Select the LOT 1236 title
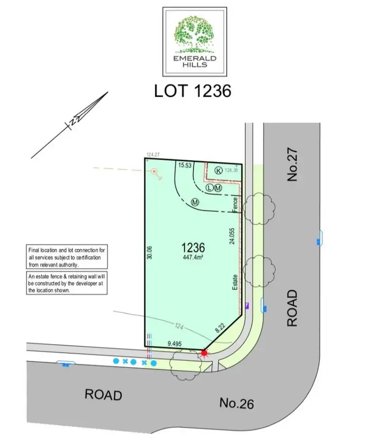(192, 90)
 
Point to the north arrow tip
(106, 93)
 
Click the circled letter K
(219, 171)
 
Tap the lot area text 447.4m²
(193, 258)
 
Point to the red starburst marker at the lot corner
(204, 353)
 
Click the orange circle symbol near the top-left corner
(154, 171)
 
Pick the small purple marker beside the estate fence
(247, 306)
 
